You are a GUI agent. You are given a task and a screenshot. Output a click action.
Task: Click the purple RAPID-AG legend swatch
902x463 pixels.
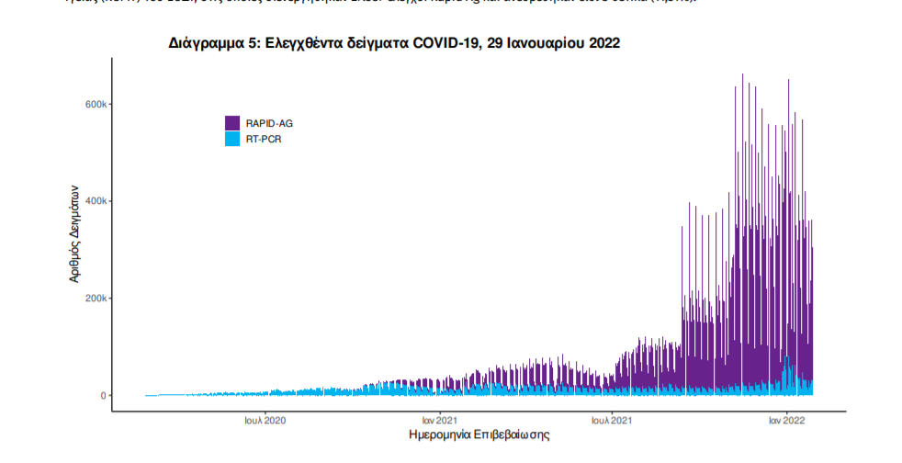[x=232, y=123]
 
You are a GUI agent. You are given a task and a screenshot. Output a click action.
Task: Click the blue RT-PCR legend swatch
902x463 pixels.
[x=232, y=139]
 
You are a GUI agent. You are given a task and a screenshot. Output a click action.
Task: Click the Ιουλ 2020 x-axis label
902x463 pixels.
[x=265, y=420]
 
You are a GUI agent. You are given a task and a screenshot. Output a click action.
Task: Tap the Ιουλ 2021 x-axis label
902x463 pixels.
[x=612, y=420]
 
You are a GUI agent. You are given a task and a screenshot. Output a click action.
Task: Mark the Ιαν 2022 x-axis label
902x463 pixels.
[x=787, y=420]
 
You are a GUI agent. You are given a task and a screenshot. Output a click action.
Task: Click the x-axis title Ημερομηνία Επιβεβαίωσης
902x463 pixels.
[x=479, y=435]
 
